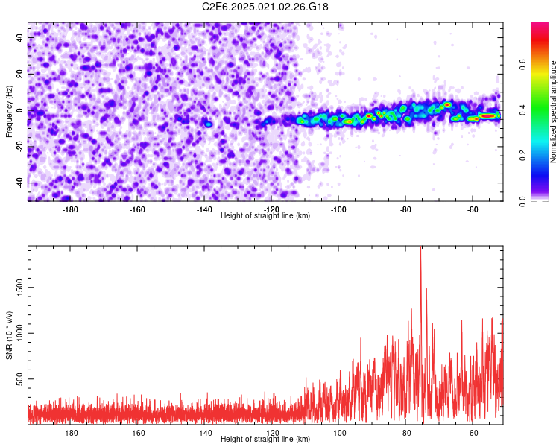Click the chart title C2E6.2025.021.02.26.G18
[265, 7]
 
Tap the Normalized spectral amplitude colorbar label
[554, 112]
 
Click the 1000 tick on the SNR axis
[15, 333]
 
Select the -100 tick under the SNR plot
[338, 433]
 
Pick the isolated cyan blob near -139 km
[209, 124]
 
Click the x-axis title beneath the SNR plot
[265, 440]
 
